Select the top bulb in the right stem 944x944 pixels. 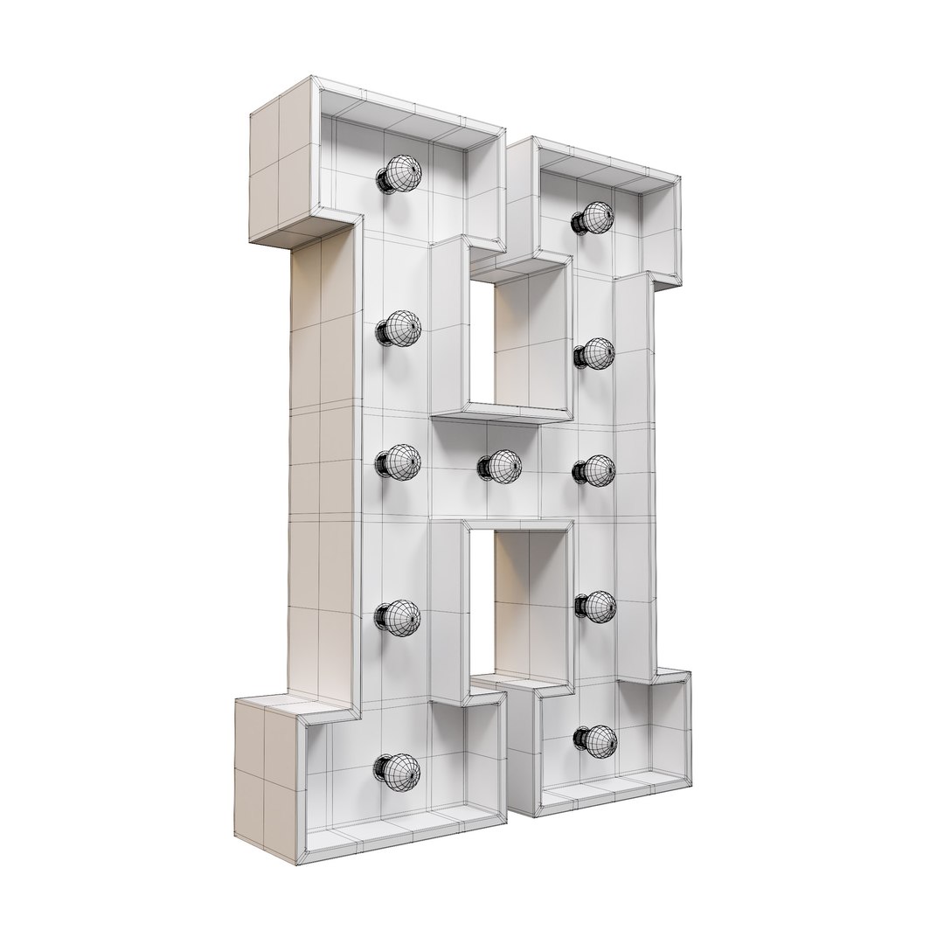click(595, 217)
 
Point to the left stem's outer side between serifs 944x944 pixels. click(320, 463)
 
